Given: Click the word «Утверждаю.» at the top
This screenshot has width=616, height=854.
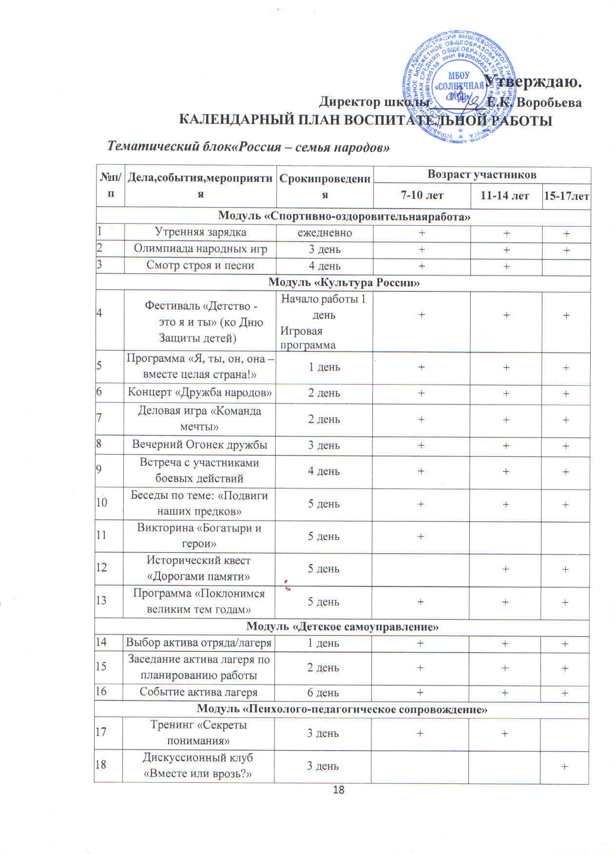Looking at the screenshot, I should click(535, 80).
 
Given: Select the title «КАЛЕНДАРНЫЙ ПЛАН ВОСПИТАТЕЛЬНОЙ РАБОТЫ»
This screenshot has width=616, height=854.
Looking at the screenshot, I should click(366, 120).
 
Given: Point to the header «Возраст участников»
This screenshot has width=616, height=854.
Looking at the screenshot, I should click(481, 174).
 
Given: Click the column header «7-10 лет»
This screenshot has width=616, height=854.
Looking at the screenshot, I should click(422, 195).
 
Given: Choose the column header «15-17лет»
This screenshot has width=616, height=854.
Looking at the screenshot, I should click(566, 196).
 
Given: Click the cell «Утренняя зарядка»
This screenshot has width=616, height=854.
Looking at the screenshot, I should click(200, 232).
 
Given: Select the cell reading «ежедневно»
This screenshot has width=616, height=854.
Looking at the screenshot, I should click(325, 233).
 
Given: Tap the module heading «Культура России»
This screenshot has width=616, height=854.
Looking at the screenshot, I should click(344, 282).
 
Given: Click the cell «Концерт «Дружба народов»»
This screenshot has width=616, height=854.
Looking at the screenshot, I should click(200, 392).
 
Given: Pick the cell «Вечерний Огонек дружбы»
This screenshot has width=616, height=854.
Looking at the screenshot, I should click(200, 445).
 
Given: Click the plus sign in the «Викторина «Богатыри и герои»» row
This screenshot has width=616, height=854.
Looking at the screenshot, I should click(420, 536).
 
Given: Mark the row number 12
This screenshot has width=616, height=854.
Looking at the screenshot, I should click(101, 568).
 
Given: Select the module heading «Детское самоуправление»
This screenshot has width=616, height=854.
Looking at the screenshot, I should click(343, 626).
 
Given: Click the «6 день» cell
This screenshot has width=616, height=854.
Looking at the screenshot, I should click(323, 693).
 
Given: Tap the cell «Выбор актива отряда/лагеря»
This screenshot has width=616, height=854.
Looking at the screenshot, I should click(198, 642).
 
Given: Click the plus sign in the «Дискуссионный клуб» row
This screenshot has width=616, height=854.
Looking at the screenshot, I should click(564, 766).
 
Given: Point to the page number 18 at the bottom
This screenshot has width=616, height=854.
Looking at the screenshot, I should click(338, 790).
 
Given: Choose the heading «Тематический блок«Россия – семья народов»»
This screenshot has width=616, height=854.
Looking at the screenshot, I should click(249, 146).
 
